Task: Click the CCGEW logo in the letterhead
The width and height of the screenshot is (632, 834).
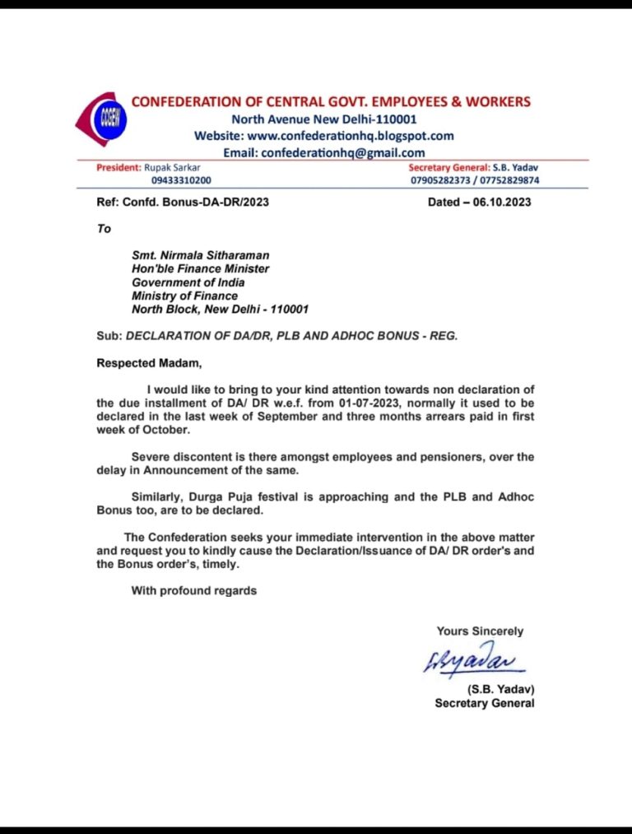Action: click(x=105, y=121)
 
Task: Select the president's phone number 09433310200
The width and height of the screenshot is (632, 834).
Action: click(x=180, y=179)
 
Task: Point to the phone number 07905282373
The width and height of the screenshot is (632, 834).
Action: click(x=444, y=179)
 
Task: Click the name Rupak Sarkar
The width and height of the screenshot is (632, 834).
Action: click(x=172, y=167)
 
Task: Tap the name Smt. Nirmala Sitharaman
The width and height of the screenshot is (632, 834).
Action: click(x=200, y=256)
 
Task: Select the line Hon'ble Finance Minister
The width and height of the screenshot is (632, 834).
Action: click(x=200, y=269)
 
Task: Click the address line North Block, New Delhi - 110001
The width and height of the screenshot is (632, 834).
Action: click(x=220, y=310)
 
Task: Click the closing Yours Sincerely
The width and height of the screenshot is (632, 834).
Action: click(x=480, y=631)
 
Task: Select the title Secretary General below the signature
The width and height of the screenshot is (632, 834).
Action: click(x=485, y=703)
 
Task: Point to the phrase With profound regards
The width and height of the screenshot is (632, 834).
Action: click(x=193, y=590)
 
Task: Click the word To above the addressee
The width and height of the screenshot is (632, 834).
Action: click(x=104, y=229)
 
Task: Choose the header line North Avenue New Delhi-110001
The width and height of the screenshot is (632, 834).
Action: click(x=324, y=119)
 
